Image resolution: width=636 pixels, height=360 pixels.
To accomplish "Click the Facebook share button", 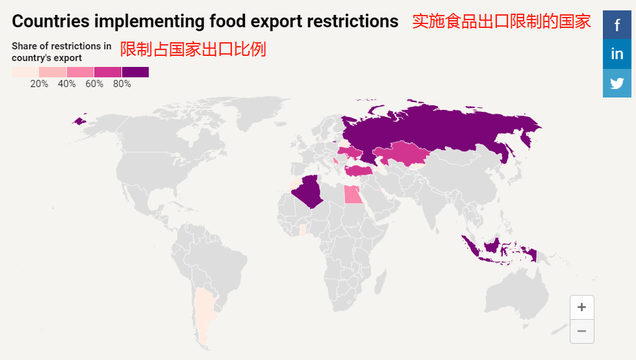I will (617, 24).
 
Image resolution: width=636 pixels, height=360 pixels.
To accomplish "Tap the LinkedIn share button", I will (617, 53).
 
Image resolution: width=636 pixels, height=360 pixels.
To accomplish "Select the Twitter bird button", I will (617, 83).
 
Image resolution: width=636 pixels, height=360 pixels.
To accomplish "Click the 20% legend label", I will (39, 84).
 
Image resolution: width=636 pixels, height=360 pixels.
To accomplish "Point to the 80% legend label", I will (121, 84).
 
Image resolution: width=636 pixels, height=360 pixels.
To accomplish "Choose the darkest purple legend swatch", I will (135, 71).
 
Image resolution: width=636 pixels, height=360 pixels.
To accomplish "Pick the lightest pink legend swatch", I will (25, 71).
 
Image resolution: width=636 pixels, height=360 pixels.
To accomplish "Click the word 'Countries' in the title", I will (50, 21).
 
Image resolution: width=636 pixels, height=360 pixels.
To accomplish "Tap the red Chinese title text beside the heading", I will (501, 21).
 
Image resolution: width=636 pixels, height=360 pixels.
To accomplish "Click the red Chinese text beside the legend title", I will (193, 49).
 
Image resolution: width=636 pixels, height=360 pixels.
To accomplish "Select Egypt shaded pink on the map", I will (353, 194).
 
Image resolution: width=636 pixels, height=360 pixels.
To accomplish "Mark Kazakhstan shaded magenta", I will (403, 154).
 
